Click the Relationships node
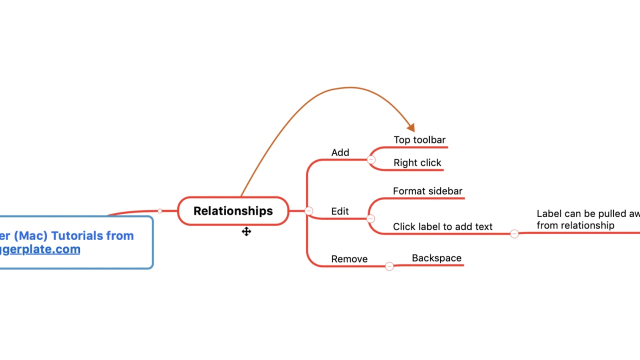233,211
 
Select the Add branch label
340,152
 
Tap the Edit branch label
340,211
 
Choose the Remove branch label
349,259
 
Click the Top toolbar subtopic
419,140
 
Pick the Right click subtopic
417,163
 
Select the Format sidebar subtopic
427,191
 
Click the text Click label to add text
442,227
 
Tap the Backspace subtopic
436,258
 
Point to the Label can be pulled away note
585,219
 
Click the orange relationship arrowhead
411,128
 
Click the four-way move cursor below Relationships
246,231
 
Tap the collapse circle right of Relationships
308,211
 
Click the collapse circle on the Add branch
371,160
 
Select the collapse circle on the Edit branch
370,218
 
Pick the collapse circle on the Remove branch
389,266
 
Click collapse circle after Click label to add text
514,233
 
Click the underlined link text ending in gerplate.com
40,249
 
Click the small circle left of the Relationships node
159,211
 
